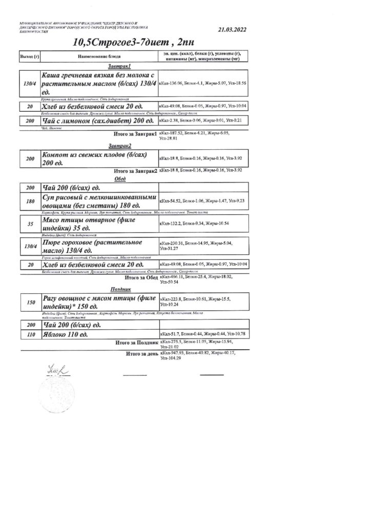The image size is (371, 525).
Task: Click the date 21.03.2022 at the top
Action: pyautogui.click(x=232, y=30)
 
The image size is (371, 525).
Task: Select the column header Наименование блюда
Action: pyautogui.click(x=99, y=56)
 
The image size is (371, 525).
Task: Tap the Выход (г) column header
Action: pyautogui.click(x=29, y=56)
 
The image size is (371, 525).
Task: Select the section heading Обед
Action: pyautogui.click(x=120, y=179)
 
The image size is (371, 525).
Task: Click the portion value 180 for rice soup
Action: pyautogui.click(x=29, y=201)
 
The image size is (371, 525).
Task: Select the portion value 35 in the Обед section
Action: pyautogui.click(x=29, y=224)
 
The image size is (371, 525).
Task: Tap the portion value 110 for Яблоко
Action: pyautogui.click(x=29, y=334)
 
